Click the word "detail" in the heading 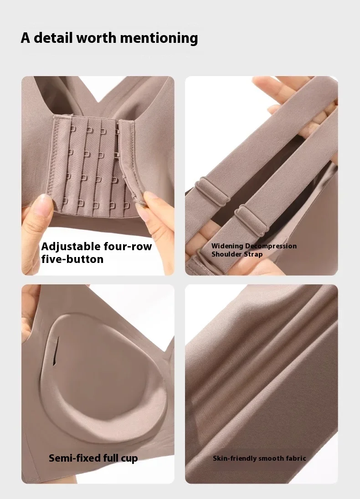(x=53, y=37)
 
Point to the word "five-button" (x=72, y=259)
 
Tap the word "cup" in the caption (x=129, y=459)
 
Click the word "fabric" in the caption (x=295, y=458)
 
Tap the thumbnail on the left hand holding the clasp (x=44, y=205)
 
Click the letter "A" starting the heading (x=26, y=38)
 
